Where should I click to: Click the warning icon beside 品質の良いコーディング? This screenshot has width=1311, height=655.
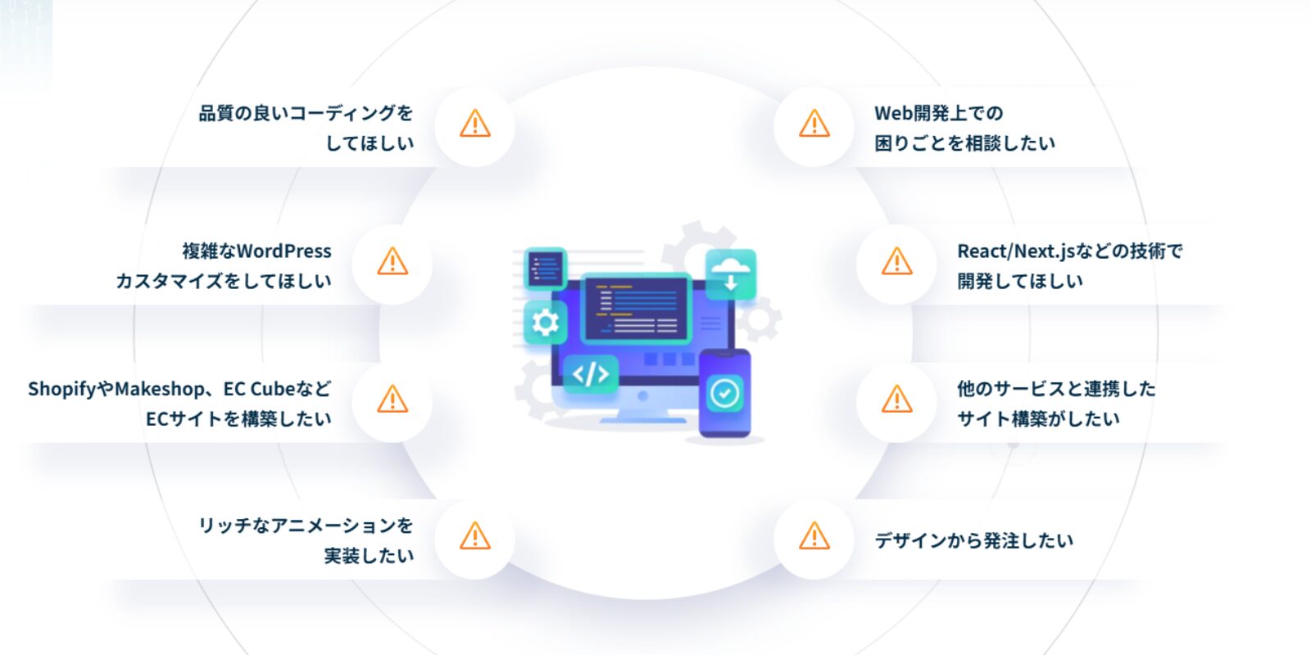pos(474,124)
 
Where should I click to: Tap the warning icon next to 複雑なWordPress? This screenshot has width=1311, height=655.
pos(392,262)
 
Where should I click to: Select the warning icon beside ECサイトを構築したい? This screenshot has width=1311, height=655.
pos(392,400)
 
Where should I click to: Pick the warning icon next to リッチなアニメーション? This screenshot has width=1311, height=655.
pos(474,536)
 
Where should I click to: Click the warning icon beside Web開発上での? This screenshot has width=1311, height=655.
pos(814,124)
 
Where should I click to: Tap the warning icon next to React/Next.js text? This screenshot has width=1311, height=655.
pos(897,262)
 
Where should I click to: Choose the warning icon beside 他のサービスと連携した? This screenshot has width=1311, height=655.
pos(897,400)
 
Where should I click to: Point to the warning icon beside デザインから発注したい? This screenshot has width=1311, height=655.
pos(814,536)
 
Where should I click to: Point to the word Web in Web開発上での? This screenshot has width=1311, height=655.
pos(893,113)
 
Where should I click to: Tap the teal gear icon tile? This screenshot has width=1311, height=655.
pos(545,323)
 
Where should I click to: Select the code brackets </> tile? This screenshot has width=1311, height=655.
pos(591,374)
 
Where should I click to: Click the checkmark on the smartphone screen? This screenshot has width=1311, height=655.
pos(724,394)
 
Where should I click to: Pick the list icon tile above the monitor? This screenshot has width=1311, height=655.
pos(545,268)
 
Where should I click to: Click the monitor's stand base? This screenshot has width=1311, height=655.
pos(642,418)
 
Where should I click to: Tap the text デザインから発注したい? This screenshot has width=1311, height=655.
pos(973,540)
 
